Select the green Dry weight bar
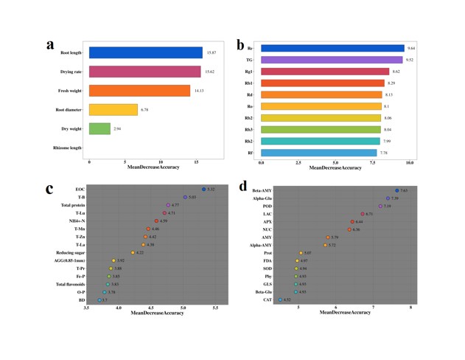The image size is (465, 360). click(99, 128)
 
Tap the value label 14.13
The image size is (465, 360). click(199, 91)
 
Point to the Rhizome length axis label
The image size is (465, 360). click(67, 148)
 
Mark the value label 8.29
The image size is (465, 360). click(391, 83)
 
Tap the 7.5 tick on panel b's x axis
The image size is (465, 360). click(372, 162)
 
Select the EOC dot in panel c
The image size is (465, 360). click(204, 190)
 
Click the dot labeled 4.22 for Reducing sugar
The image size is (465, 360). click(133, 252)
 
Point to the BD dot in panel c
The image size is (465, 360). click(99, 300)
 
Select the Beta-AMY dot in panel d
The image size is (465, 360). click(396, 190)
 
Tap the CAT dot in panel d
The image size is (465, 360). click(280, 300)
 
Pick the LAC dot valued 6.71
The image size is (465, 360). click(363, 214)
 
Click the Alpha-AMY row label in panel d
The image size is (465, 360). click(261, 245)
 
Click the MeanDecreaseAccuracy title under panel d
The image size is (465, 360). click(345, 313)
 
